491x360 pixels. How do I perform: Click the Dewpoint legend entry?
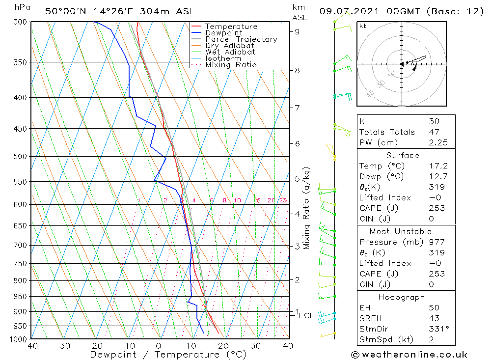[223, 33]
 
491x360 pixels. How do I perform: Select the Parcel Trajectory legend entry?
[241, 39]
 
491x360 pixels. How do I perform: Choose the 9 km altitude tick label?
[297, 31]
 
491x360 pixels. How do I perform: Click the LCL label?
[306, 315]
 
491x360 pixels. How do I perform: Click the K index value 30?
[434, 121]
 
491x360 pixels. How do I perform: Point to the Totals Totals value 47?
[434, 132]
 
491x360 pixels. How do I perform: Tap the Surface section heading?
[403, 155]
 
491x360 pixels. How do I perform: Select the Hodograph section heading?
[402, 297]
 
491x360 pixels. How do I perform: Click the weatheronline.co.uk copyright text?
[409, 354]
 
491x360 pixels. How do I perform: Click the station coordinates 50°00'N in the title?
[63, 11]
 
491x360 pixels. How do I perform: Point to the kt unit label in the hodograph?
[363, 26]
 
